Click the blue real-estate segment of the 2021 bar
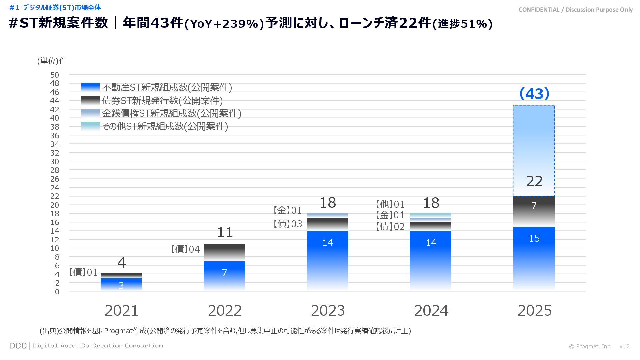tap(121, 284)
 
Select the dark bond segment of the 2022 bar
tap(224, 252)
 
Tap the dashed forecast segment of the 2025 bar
tap(534, 150)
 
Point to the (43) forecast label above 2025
tap(534, 94)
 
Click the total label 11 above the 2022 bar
tap(225, 232)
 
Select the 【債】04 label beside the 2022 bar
tap(185, 249)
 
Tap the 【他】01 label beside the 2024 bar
tap(390, 204)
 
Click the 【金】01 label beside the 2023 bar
tap(287, 210)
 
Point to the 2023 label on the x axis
tap(328, 311)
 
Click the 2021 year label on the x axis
tap(121, 311)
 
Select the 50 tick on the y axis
tap(55, 75)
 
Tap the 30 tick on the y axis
tap(55, 162)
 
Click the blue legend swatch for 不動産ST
tap(90, 87)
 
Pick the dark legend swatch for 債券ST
tap(90, 100)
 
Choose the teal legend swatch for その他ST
tap(90, 126)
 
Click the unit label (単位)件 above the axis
tap(52, 61)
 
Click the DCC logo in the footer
tap(18, 346)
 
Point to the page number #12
tap(624, 346)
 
